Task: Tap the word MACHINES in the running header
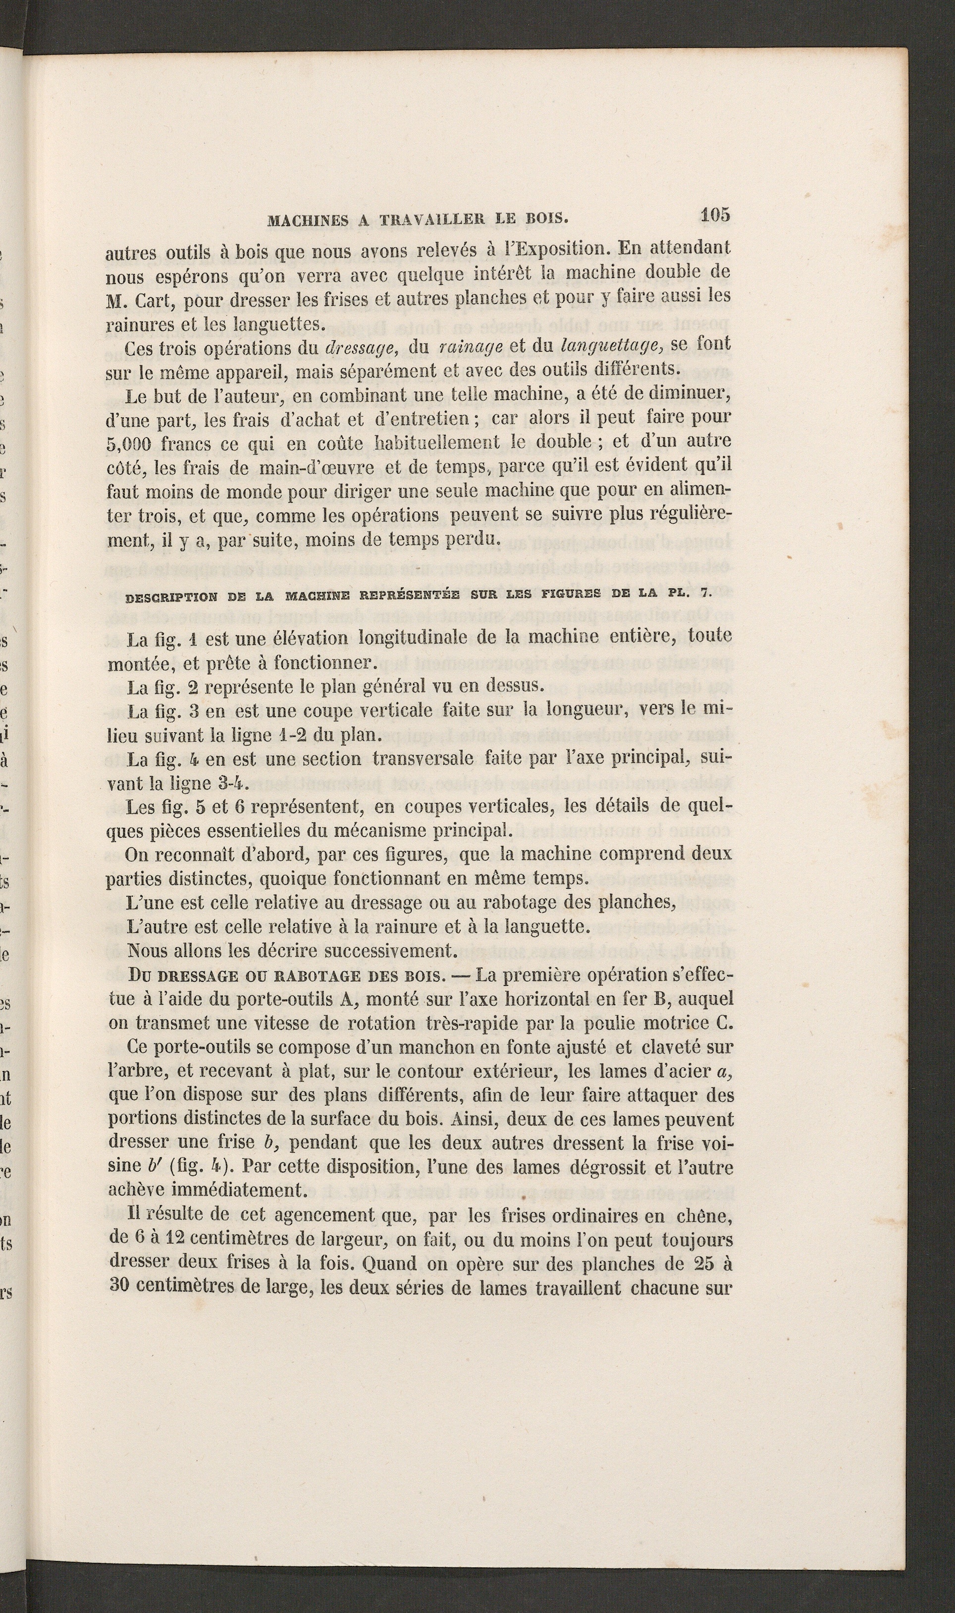pyautogui.click(x=308, y=220)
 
